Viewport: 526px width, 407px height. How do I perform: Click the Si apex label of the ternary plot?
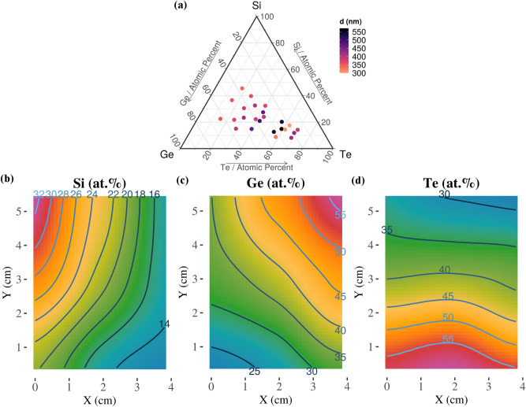click(x=256, y=6)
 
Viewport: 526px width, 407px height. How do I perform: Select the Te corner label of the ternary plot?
click(x=344, y=153)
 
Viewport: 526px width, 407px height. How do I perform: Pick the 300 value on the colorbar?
click(x=359, y=72)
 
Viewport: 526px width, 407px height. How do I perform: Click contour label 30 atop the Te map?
click(x=444, y=194)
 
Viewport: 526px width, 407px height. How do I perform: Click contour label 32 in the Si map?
click(x=38, y=194)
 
